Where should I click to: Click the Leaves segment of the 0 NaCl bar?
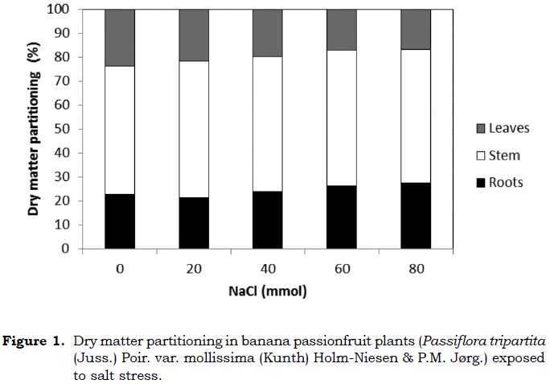(x=119, y=37)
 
